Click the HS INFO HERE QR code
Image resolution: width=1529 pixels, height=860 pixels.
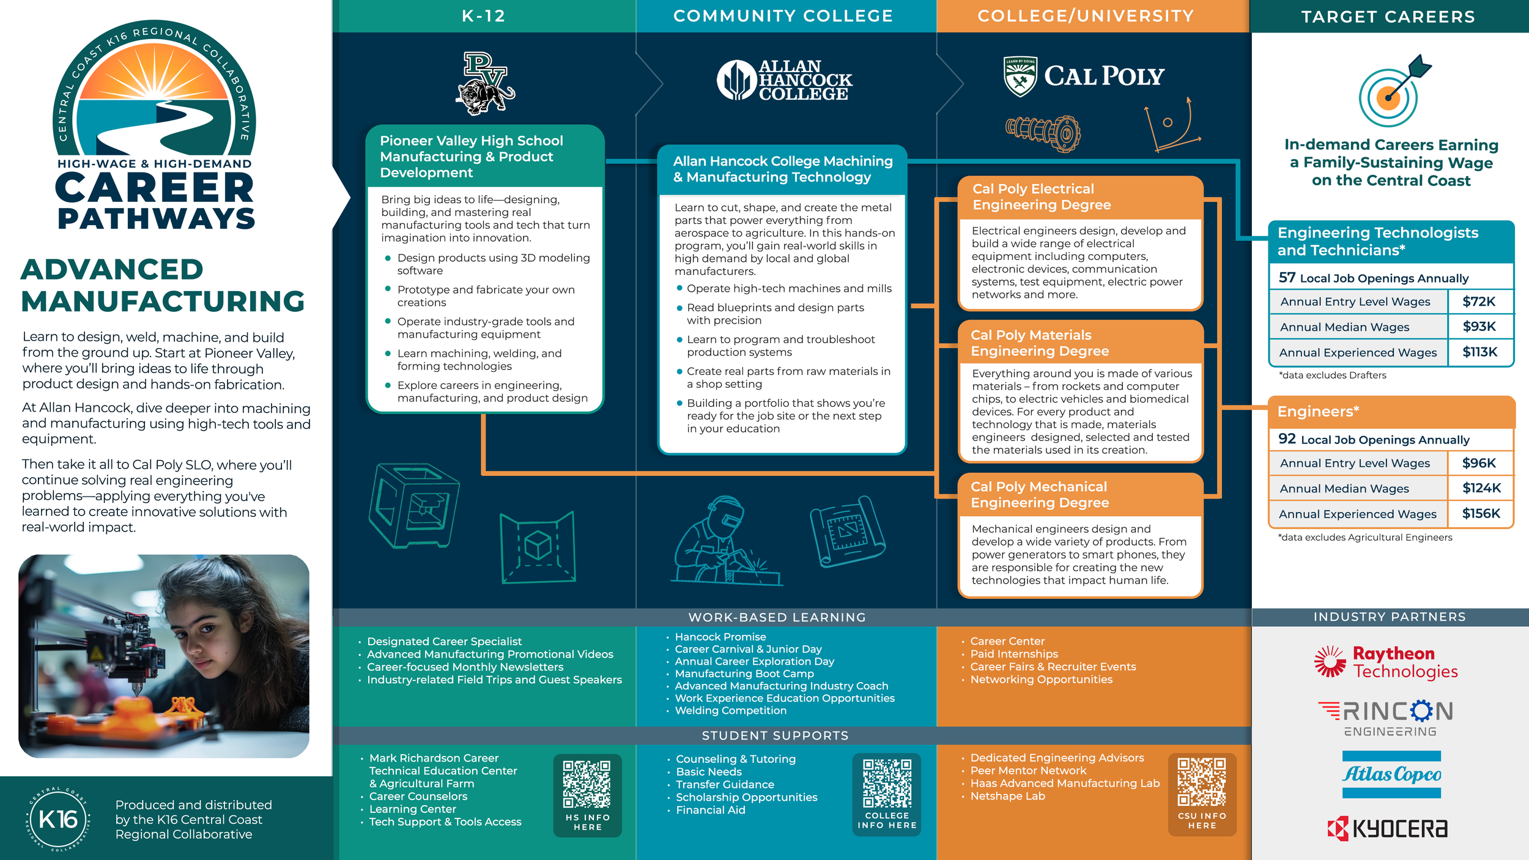587,784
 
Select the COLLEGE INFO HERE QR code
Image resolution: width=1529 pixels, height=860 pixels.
887,783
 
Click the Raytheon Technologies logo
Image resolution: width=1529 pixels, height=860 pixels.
1386,662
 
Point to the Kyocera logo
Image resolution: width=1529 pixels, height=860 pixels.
1388,829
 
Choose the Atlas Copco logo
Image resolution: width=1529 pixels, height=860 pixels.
1391,774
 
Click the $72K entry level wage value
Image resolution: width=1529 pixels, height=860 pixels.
1479,302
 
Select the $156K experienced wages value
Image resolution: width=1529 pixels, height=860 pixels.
1481,514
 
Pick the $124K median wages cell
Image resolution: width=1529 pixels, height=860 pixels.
1481,488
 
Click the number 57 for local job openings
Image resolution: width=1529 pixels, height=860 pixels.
1287,278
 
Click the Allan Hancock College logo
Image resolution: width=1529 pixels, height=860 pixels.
784,80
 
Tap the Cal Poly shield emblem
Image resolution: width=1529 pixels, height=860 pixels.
1020,76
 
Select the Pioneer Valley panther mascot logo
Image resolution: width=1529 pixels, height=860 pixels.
486,84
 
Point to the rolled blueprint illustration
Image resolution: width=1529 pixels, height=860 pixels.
848,532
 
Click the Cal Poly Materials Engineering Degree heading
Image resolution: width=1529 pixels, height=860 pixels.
1040,343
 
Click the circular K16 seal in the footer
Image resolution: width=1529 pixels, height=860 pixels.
58,819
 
